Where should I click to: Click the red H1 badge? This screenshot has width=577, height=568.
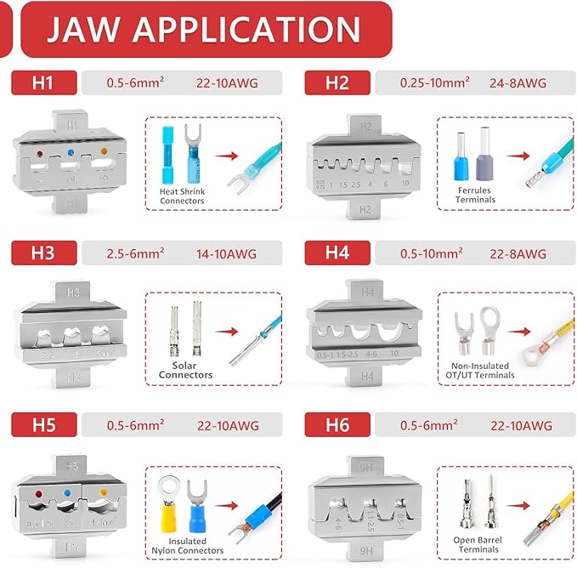pyautogui.click(x=43, y=83)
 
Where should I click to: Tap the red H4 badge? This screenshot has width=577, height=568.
pyautogui.click(x=337, y=253)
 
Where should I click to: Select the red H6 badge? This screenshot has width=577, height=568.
pyautogui.click(x=337, y=424)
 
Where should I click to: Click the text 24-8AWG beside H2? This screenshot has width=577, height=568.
pyautogui.click(x=516, y=83)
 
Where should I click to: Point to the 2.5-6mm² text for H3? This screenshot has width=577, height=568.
pyautogui.click(x=136, y=253)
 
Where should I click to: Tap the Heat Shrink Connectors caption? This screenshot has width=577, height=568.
pyautogui.click(x=183, y=196)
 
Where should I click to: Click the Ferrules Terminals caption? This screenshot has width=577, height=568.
pyautogui.click(x=475, y=196)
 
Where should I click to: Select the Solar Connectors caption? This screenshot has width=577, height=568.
pyautogui.click(x=186, y=370)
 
